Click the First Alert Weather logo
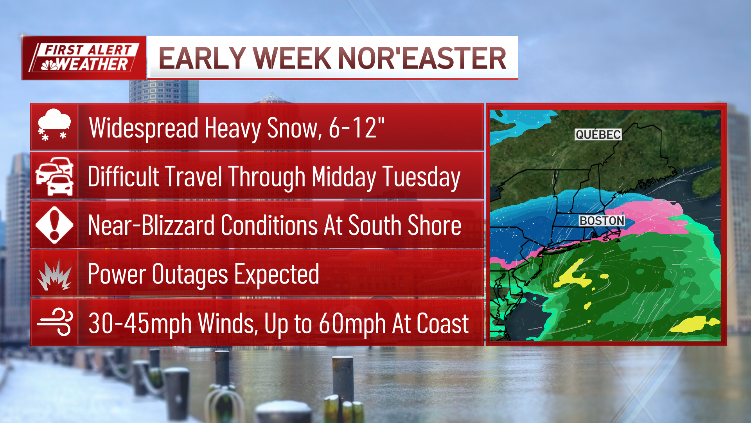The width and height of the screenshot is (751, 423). pyautogui.click(x=84, y=58)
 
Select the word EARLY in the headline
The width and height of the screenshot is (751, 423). pyautogui.click(x=202, y=59)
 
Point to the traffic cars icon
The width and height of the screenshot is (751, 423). pyautogui.click(x=54, y=176)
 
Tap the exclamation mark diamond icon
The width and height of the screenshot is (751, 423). pyautogui.click(x=54, y=225)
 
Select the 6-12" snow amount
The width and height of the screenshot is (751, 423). pyautogui.click(x=356, y=128)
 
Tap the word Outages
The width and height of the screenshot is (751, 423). pyautogui.click(x=190, y=274)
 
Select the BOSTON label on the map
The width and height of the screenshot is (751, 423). pyautogui.click(x=602, y=221)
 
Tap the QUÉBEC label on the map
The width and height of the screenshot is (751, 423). pyautogui.click(x=598, y=135)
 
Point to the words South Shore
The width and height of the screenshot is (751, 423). pyautogui.click(x=404, y=226)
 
